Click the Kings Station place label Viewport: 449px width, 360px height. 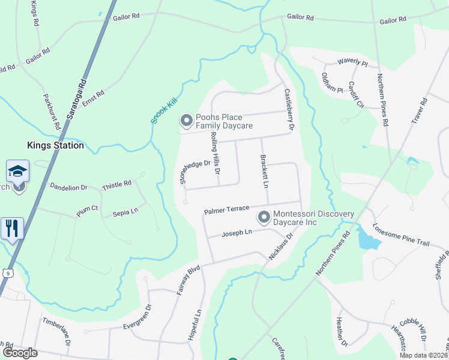(x=55, y=145)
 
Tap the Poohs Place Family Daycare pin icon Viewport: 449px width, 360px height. (x=186, y=121)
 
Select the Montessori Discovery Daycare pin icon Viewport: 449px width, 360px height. (x=263, y=217)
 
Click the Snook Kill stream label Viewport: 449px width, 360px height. (x=161, y=112)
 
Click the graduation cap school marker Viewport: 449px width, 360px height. (x=18, y=172)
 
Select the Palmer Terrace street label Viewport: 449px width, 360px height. (x=226, y=210)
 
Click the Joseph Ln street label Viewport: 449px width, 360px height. (x=237, y=232)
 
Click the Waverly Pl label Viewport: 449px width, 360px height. (x=352, y=62)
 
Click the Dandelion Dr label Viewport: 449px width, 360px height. (x=68, y=187)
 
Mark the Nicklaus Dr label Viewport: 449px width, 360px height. (x=280, y=246)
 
